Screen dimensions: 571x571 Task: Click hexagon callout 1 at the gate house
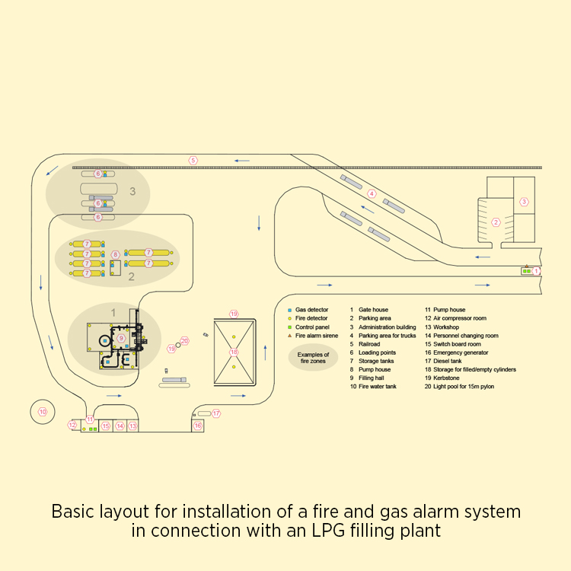click(535, 270)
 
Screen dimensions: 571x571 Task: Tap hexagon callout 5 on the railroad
click(193, 160)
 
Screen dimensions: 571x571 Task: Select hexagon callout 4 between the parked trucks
click(372, 193)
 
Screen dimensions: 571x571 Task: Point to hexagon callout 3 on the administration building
click(524, 202)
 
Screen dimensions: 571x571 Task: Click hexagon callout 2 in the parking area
click(496, 222)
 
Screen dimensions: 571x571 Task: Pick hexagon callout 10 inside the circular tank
click(43, 412)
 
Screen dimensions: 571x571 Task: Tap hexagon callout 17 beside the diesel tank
click(216, 413)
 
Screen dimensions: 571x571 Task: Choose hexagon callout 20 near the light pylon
click(184, 341)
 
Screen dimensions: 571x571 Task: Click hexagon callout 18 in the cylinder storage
click(234, 352)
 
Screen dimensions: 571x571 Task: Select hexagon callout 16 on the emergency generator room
click(198, 426)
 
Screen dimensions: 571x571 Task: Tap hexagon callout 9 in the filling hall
click(121, 338)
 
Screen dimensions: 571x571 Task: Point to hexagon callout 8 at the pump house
click(116, 254)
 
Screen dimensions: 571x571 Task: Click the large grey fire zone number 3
click(132, 191)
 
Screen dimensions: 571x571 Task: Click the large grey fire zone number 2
click(131, 277)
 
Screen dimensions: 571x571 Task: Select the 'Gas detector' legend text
click(312, 311)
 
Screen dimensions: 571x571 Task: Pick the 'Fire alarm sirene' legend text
click(317, 336)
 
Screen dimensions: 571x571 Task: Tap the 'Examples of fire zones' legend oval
click(314, 357)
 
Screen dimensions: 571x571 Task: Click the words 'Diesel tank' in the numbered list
click(448, 361)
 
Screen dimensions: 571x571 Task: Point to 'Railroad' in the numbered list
click(371, 344)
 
